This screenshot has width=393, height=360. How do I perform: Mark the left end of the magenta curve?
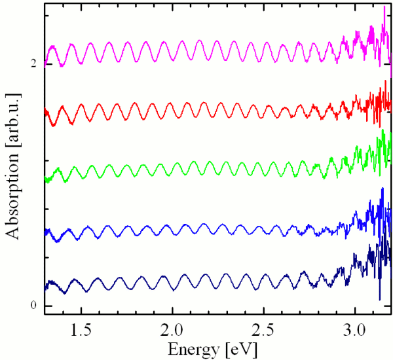[x=45, y=65]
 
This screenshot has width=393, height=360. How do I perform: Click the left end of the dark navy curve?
[x=45, y=287]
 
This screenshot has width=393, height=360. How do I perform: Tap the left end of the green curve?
[x=45, y=179]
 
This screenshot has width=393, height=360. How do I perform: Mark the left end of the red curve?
[x=45, y=113]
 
